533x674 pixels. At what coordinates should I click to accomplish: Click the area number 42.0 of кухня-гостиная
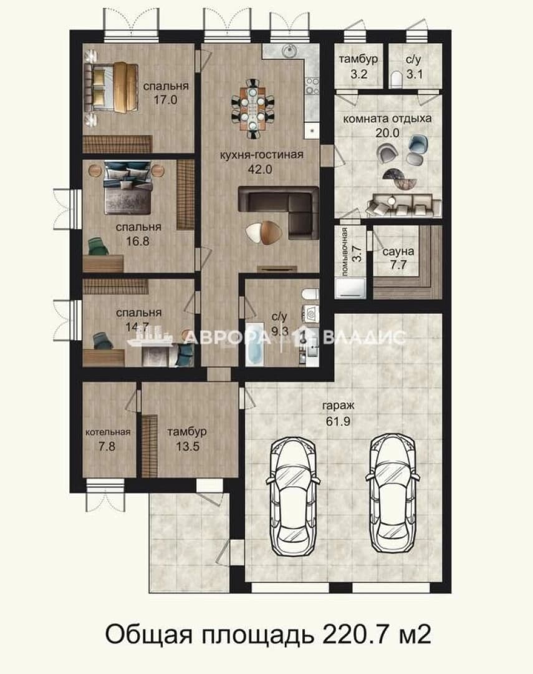(x=260, y=169)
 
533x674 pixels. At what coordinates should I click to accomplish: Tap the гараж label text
(x=338, y=406)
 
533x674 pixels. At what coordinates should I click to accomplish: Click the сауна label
(x=398, y=252)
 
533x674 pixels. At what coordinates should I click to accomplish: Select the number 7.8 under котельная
(x=107, y=446)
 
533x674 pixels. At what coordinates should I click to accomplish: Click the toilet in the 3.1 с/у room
(x=396, y=80)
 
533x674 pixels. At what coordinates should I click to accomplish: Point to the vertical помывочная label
(x=344, y=251)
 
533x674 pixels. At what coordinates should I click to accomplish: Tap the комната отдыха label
(x=387, y=119)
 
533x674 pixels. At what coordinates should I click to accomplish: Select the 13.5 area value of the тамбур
(x=188, y=446)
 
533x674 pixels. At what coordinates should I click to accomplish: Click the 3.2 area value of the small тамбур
(x=358, y=74)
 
